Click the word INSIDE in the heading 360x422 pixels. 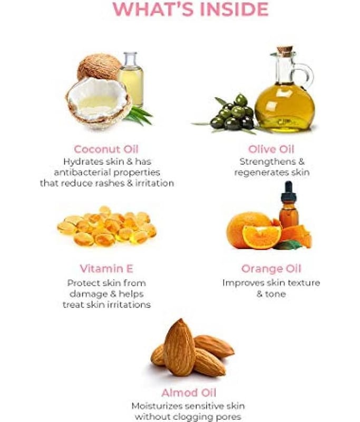[234, 9]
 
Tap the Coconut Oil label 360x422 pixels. [106, 149]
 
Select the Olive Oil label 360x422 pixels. [271, 149]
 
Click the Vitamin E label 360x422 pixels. [106, 268]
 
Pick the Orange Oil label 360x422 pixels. [271, 268]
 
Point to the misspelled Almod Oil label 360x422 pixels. [189, 392]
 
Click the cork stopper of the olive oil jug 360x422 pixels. [285, 51]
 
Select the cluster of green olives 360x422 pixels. [233, 112]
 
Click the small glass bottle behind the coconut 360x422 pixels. [131, 78]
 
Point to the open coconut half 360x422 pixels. [99, 102]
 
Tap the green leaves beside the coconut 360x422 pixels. [139, 115]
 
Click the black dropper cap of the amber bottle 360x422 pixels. [288, 191]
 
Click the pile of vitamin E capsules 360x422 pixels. [107, 226]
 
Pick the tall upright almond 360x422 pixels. [179, 347]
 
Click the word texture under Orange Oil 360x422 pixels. [304, 283]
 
